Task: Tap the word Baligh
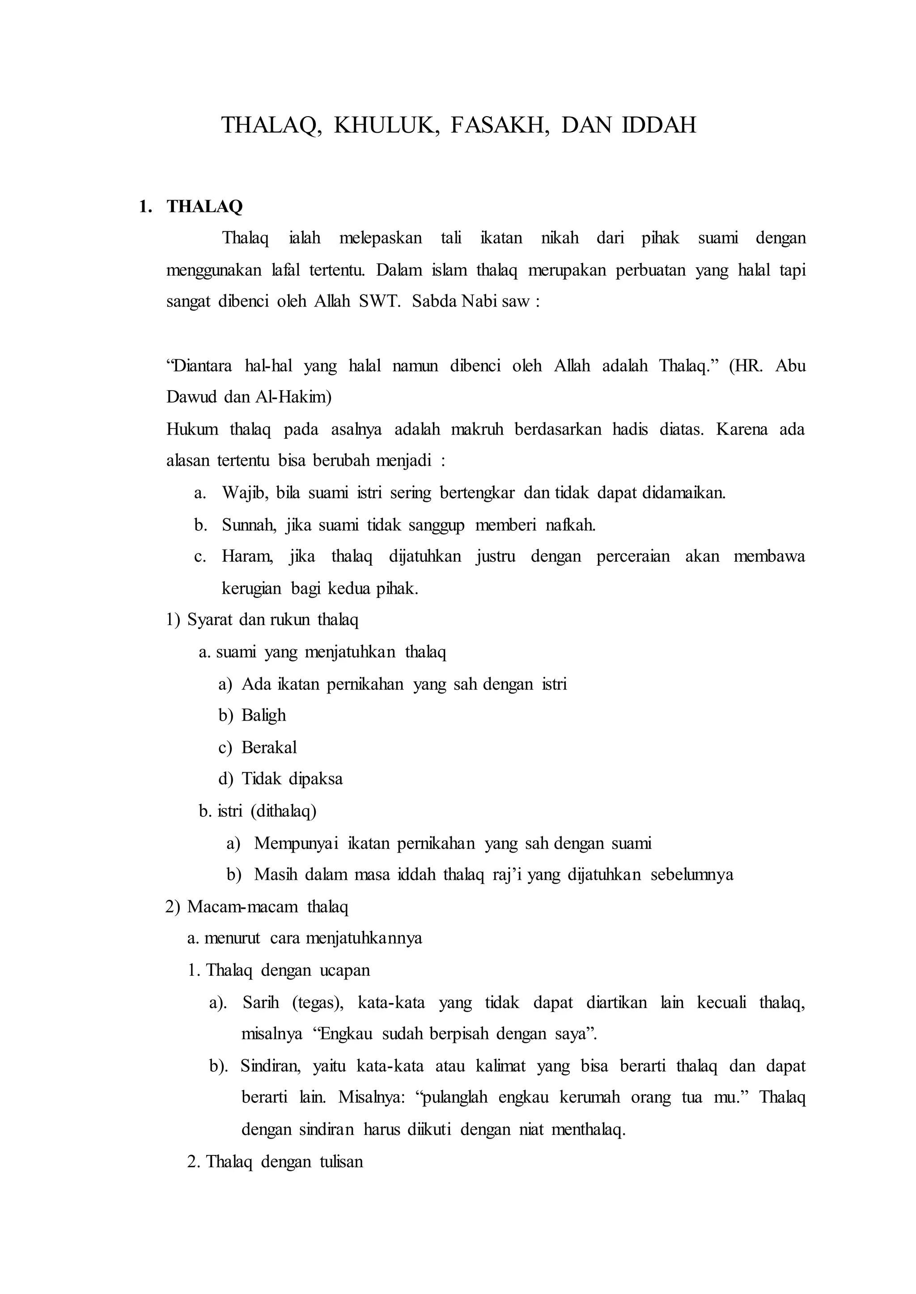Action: click(x=263, y=715)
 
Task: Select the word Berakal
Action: click(x=269, y=748)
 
